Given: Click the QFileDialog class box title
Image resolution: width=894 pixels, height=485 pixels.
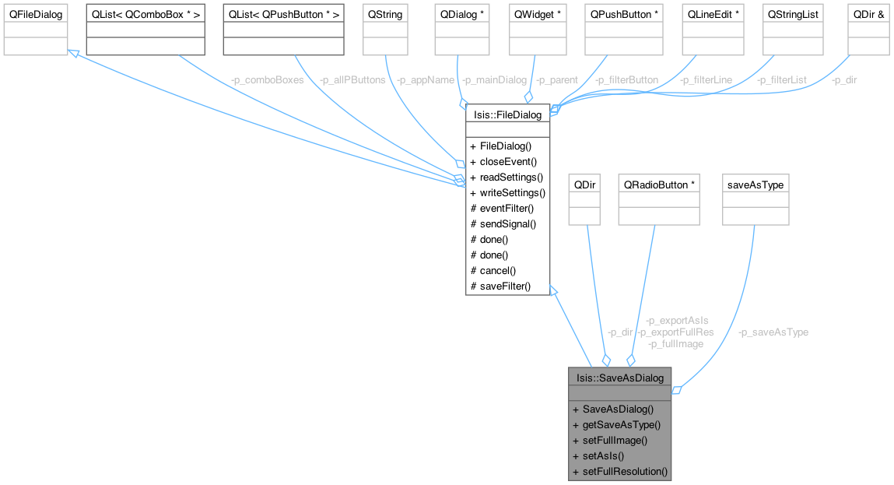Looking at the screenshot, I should point(35,15).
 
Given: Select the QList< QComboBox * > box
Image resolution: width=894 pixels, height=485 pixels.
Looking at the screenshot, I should point(145,15).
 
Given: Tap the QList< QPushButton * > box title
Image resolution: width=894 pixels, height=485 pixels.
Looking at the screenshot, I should point(282,15).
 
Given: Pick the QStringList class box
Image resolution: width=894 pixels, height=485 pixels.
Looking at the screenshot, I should point(793,15).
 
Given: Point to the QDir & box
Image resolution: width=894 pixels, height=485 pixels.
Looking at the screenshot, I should point(868,15).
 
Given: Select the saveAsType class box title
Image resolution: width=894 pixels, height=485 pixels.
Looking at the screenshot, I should point(756,185).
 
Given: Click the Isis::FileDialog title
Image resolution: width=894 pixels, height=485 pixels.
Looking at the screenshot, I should point(507,115).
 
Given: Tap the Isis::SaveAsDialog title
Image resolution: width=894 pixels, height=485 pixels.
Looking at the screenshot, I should point(619,378).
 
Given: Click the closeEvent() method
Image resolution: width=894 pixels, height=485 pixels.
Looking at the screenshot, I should point(508,161).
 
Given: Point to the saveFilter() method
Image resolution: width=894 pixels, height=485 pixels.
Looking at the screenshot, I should point(505,286).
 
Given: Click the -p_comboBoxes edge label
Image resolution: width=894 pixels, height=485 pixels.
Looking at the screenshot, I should point(266,80).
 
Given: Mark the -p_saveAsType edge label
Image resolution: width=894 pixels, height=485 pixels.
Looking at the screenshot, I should point(773,332).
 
